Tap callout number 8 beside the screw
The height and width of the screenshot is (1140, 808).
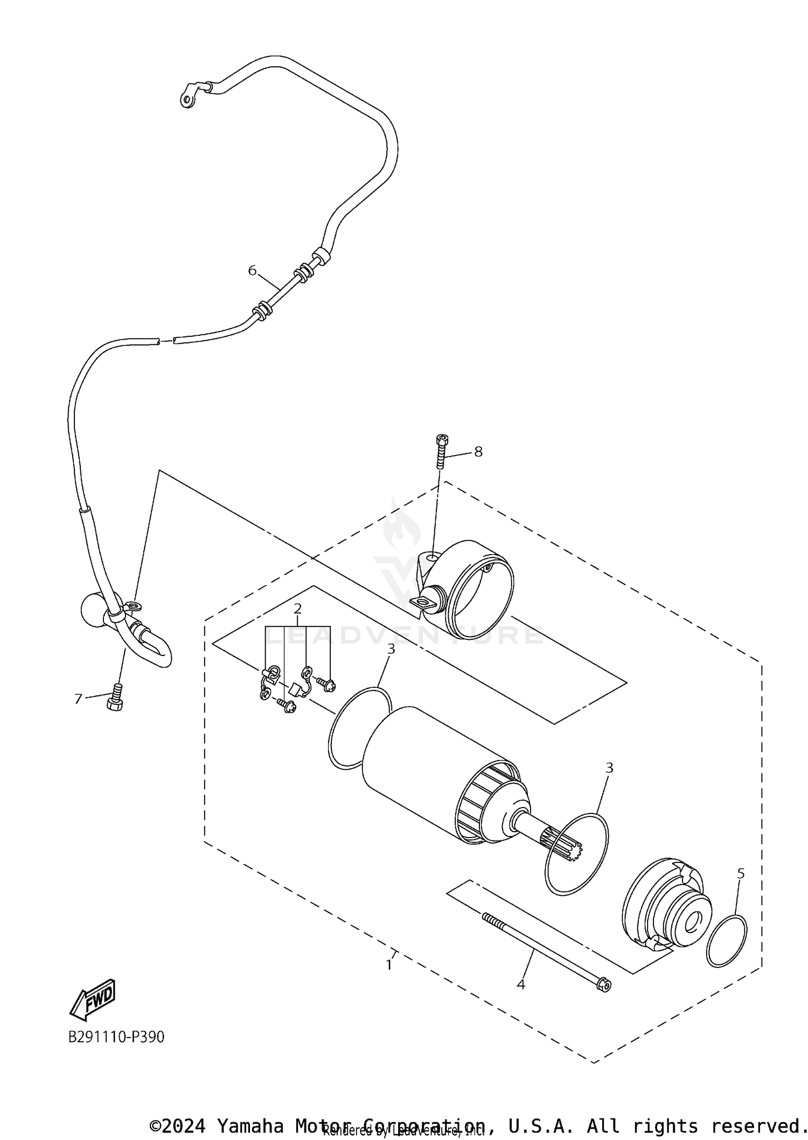pyautogui.click(x=478, y=451)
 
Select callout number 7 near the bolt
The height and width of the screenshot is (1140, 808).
pyautogui.click(x=78, y=699)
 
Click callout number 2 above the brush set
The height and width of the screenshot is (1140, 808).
pyautogui.click(x=297, y=609)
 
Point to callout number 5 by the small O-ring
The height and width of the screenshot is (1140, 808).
pyautogui.click(x=741, y=873)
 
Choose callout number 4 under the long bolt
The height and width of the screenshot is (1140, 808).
pyautogui.click(x=520, y=984)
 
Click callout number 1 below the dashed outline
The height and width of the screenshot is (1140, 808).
pyautogui.click(x=389, y=965)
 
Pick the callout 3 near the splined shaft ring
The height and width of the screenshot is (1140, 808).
pyautogui.click(x=609, y=768)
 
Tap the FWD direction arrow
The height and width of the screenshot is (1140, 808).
pyautogui.click(x=93, y=998)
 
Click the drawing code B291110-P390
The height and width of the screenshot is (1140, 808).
pyautogui.click(x=116, y=1037)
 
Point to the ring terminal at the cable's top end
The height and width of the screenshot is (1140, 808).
pyautogui.click(x=187, y=99)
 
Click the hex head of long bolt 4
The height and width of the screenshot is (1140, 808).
pyautogui.click(x=604, y=984)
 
